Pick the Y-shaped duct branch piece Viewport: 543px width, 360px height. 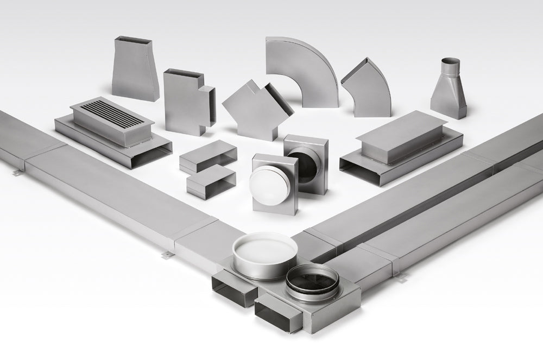[255, 109]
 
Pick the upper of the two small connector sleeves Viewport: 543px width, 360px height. [208, 154]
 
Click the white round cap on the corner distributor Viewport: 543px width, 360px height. [264, 250]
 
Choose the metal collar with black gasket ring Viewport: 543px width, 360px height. [312, 281]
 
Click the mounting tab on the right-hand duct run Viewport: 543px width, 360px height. [401, 279]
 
